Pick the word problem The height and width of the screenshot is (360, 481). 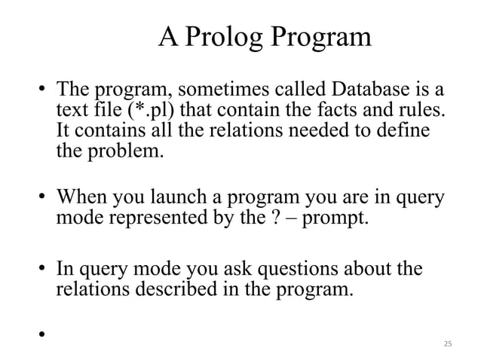(121, 150)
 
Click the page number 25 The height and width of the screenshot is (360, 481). (447, 343)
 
